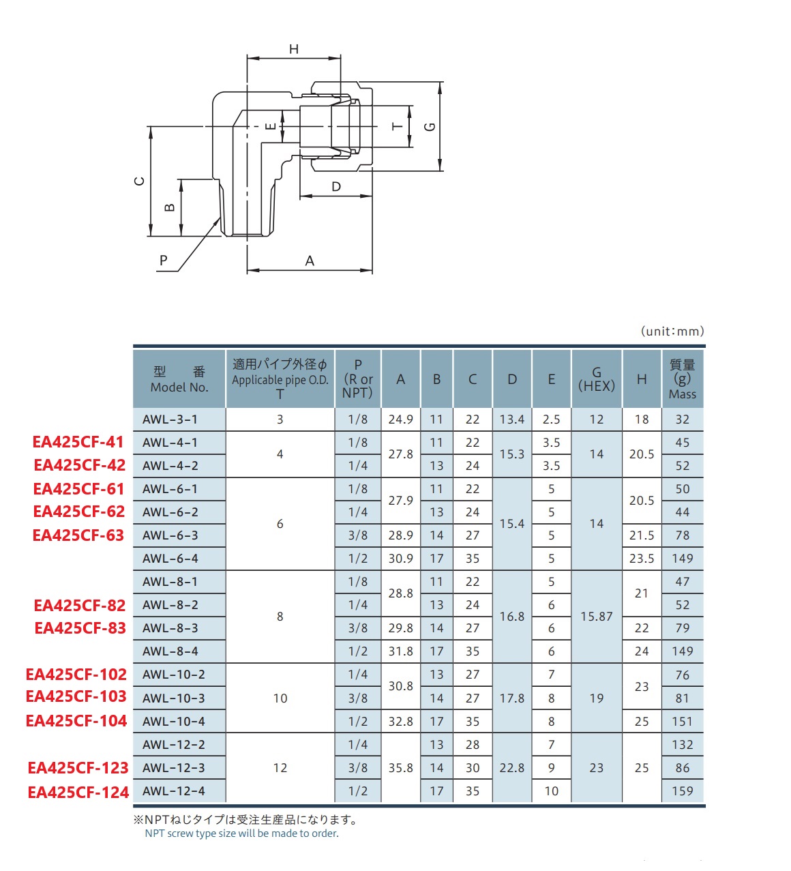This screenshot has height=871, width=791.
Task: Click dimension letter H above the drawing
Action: [x=294, y=49]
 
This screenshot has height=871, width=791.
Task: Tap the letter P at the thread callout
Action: [x=163, y=260]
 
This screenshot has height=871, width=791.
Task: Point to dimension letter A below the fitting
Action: [x=309, y=261]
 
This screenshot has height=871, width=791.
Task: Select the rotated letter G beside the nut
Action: [x=430, y=127]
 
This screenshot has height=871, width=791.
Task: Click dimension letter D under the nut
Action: [x=336, y=187]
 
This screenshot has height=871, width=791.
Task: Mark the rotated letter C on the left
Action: [x=139, y=181]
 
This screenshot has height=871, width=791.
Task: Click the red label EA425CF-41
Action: [x=78, y=441]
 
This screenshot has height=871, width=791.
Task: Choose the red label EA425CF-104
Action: [x=76, y=721]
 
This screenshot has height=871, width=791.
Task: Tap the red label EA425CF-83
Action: [x=80, y=628]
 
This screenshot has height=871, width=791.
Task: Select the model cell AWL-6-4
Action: [x=170, y=559]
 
